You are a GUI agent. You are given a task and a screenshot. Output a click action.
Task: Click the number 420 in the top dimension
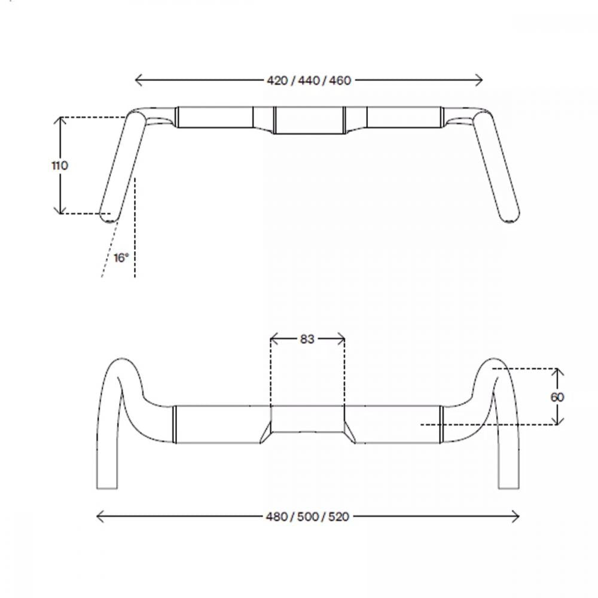(x=277, y=81)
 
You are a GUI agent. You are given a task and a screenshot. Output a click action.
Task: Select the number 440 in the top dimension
(x=309, y=81)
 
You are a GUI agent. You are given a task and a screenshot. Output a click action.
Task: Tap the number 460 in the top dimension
(x=340, y=81)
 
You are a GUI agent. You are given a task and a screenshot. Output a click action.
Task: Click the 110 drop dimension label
(x=60, y=166)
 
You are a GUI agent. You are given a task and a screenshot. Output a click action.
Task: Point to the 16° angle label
(x=121, y=258)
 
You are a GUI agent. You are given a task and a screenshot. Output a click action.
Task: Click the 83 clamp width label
(x=307, y=339)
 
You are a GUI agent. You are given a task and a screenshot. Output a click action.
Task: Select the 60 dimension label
(x=557, y=398)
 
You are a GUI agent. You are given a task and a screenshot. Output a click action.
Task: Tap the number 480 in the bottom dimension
(x=276, y=517)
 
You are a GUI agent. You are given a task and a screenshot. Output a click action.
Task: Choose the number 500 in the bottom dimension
(x=308, y=517)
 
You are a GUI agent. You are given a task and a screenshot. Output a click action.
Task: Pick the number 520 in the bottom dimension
(x=338, y=517)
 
